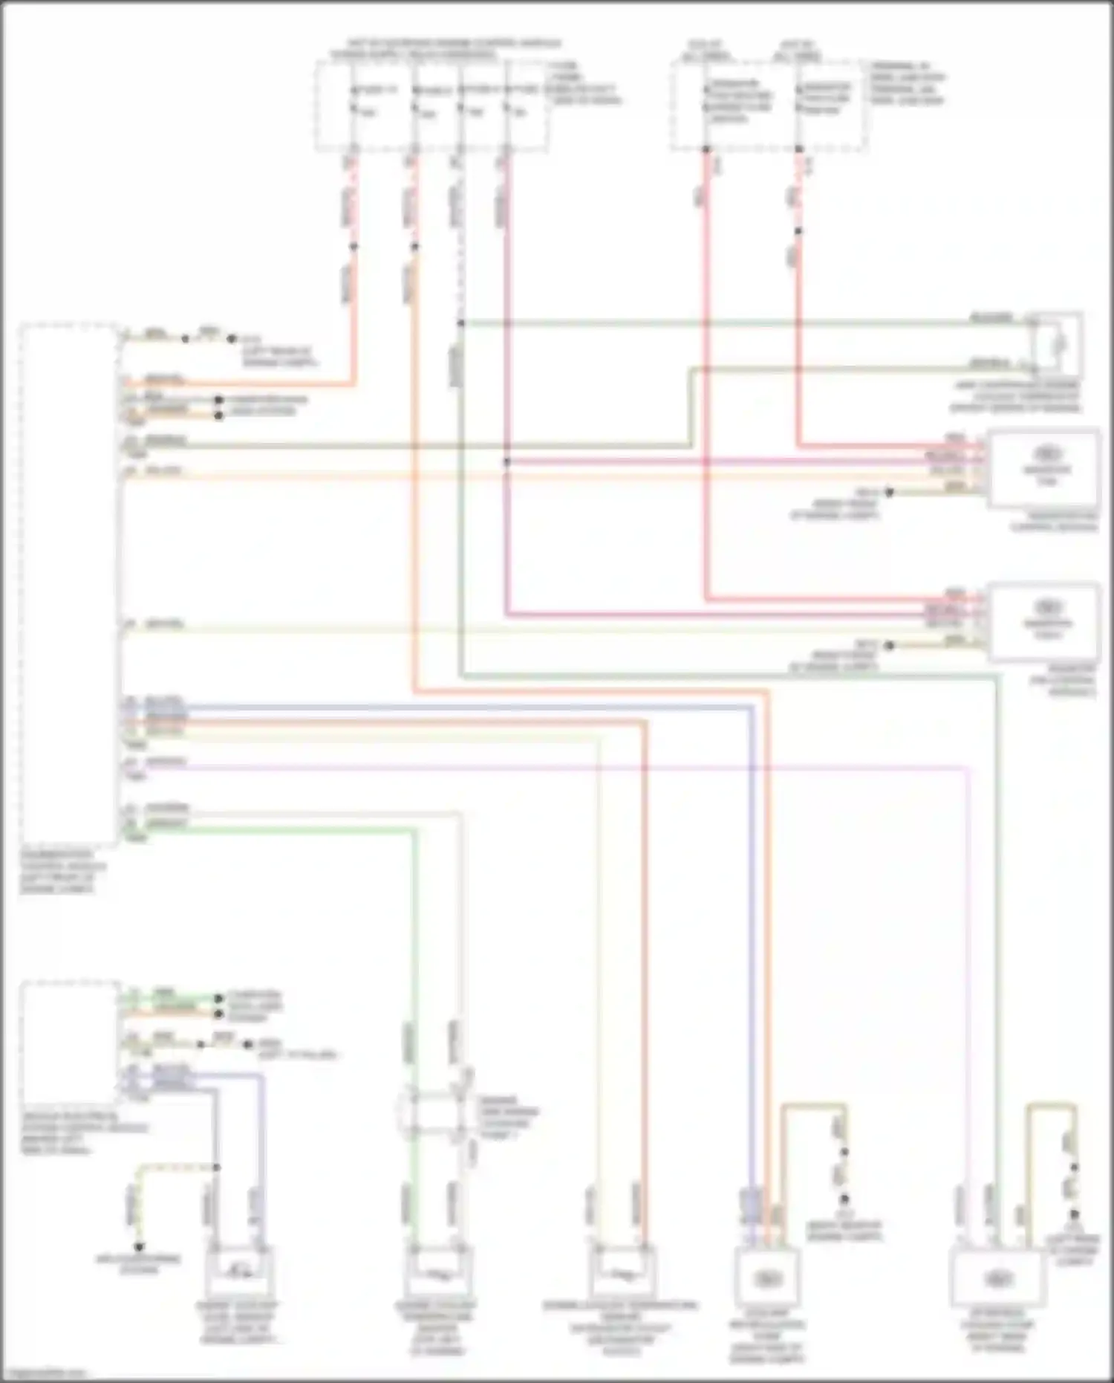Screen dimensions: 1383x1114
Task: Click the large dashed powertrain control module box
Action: click(x=68, y=583)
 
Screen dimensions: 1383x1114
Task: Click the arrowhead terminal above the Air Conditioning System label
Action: click(x=138, y=1246)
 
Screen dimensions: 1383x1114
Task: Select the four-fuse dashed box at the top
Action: click(x=431, y=106)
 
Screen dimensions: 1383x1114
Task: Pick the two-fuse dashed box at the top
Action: click(x=769, y=106)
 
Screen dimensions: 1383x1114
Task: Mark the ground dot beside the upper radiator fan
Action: click(x=888, y=492)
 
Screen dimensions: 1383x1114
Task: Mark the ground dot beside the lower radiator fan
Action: click(x=888, y=645)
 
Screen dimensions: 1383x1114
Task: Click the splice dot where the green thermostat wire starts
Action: click(x=460, y=323)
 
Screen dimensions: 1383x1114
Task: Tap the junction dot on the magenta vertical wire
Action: click(x=507, y=461)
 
